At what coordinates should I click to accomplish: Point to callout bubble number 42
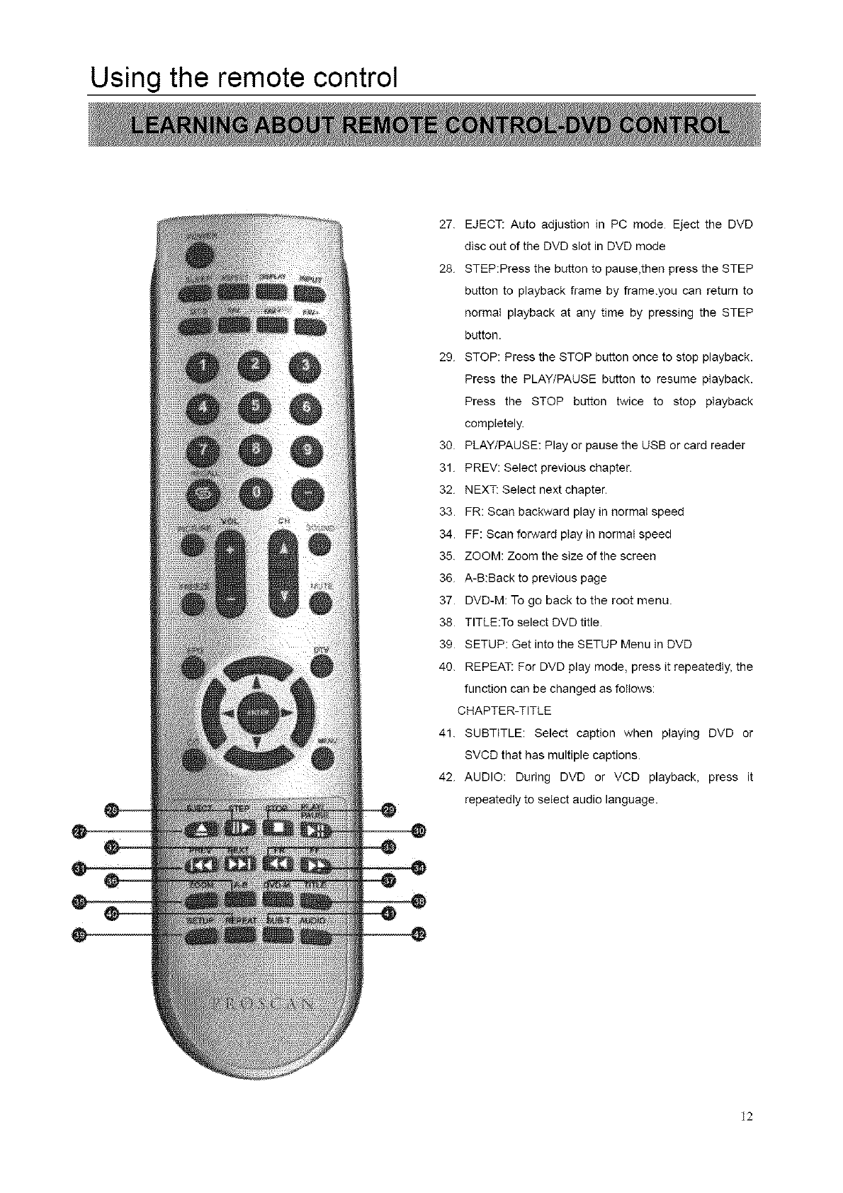point(419,935)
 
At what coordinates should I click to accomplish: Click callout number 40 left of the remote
point(111,915)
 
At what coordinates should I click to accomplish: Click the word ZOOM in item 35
point(483,556)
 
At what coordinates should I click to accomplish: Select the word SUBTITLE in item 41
point(493,733)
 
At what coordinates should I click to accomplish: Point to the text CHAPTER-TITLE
point(504,711)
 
